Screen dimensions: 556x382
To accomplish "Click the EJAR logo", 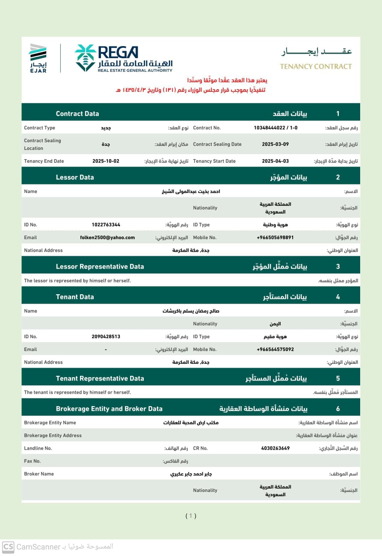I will (x=38, y=58).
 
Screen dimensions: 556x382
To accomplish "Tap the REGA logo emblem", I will (x=85, y=58).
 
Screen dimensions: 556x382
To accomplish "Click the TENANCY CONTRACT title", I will (x=316, y=66).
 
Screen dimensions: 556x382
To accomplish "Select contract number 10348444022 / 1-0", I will (x=275, y=128).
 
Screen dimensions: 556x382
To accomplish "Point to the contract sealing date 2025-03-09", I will (x=275, y=144).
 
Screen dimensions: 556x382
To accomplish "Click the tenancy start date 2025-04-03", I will (x=275, y=161).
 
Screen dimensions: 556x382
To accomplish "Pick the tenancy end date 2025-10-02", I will (x=106, y=161).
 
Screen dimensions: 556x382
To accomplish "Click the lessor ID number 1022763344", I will (x=106, y=225).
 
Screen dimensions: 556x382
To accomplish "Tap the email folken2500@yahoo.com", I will (x=107, y=237).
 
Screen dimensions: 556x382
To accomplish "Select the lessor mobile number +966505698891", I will (x=275, y=237).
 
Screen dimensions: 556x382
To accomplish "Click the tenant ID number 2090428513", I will (x=106, y=337).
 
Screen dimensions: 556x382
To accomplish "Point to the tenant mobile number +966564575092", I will (x=275, y=349).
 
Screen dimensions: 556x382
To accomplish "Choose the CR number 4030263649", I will (x=275, y=448).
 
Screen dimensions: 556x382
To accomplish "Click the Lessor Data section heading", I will (x=75, y=177).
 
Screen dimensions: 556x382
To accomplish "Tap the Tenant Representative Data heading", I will (x=100, y=378).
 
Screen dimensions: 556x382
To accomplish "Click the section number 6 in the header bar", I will (x=338, y=409).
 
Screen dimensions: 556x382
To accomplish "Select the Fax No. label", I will (x=33, y=461).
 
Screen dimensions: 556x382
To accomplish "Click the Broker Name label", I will (x=39, y=474).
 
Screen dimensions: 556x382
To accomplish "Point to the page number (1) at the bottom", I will (x=191, y=516).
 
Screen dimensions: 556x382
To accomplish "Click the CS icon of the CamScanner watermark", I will (x=8, y=547).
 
